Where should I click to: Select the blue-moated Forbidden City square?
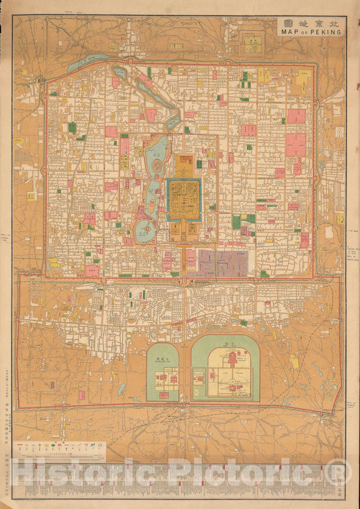(184, 200)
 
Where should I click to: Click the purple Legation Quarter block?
(222, 263)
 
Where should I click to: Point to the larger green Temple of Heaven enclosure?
(225, 369)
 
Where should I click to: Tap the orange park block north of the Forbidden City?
(184, 163)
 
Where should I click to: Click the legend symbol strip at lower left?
(59, 446)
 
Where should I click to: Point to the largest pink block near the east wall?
(295, 144)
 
